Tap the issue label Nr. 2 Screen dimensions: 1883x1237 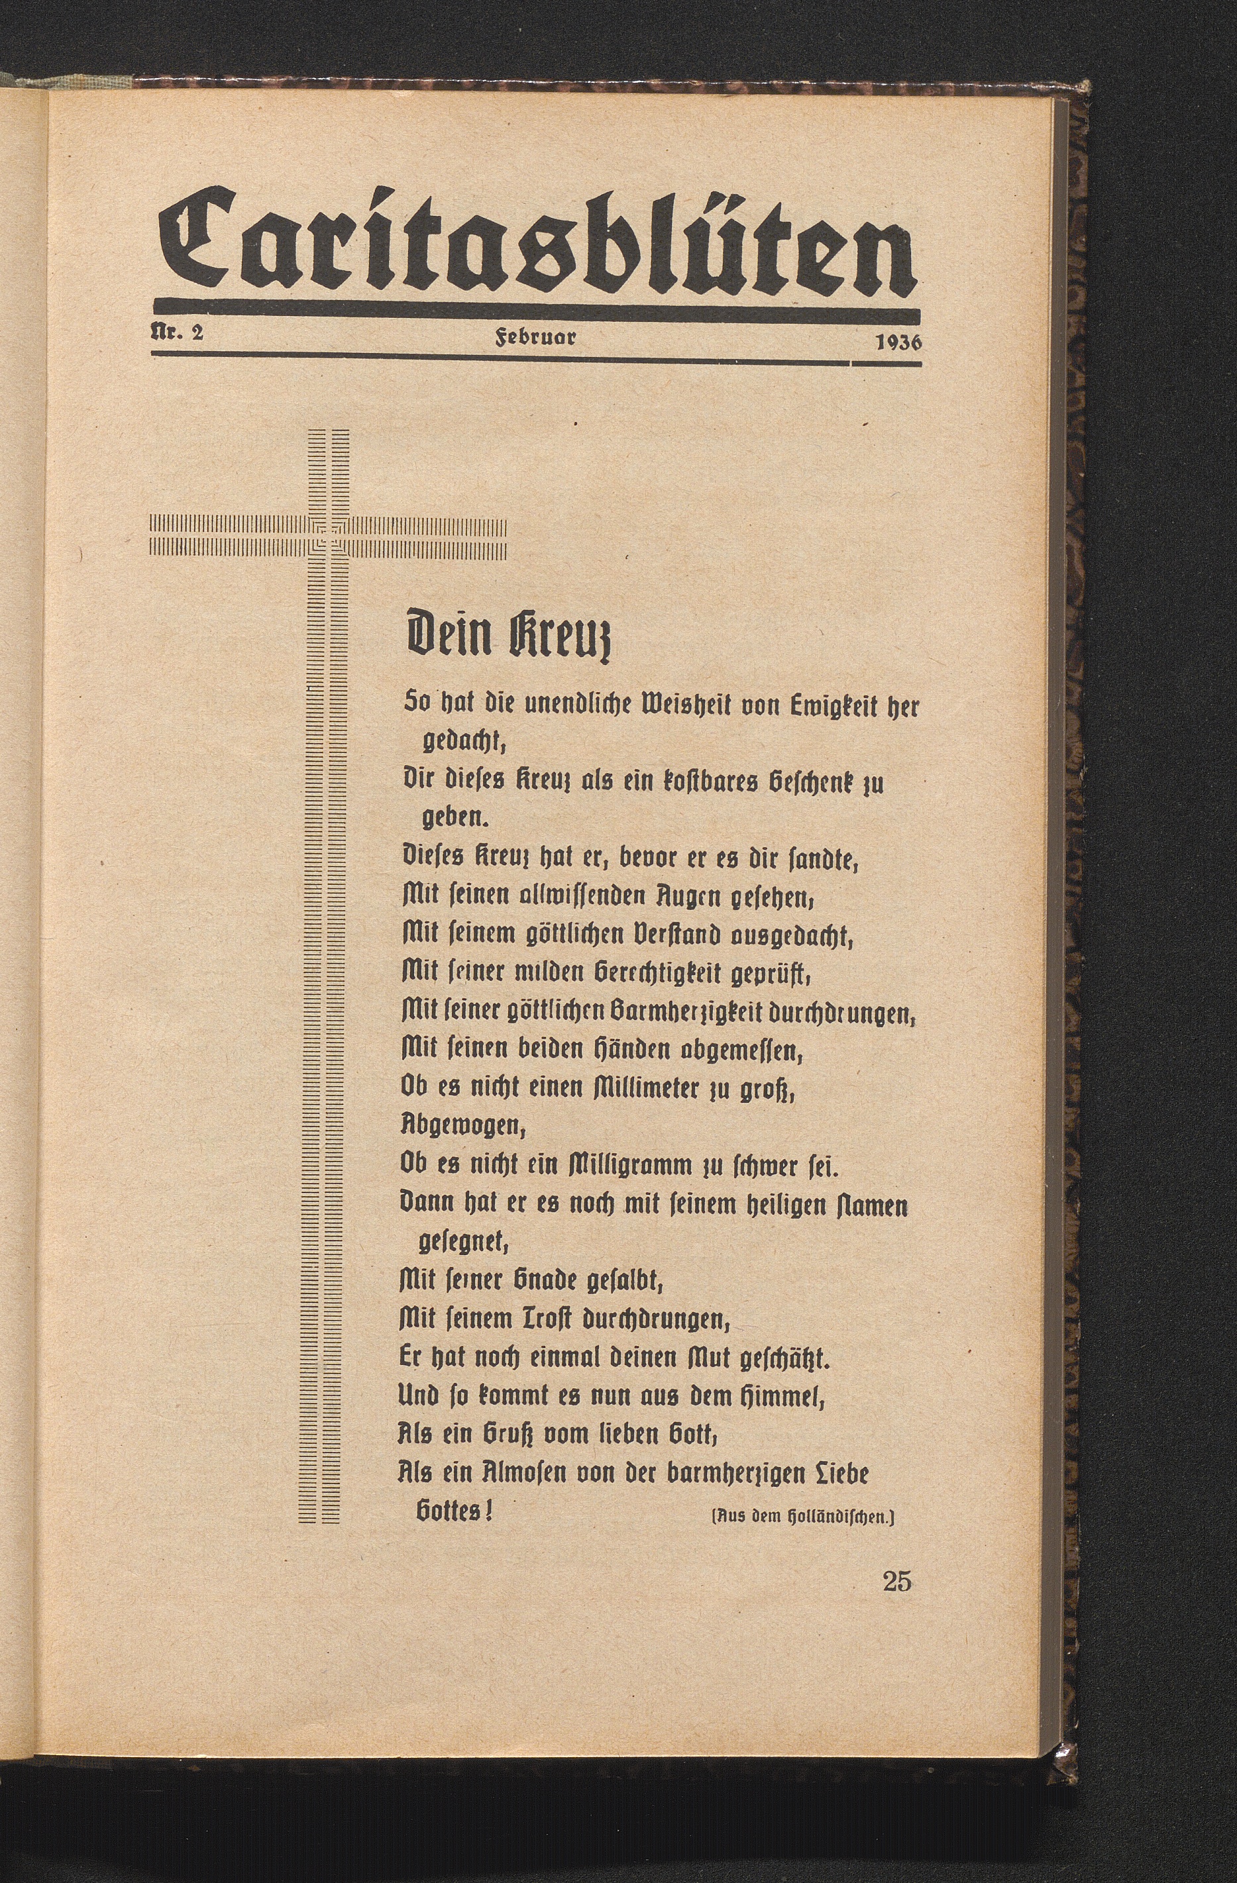(x=178, y=333)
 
